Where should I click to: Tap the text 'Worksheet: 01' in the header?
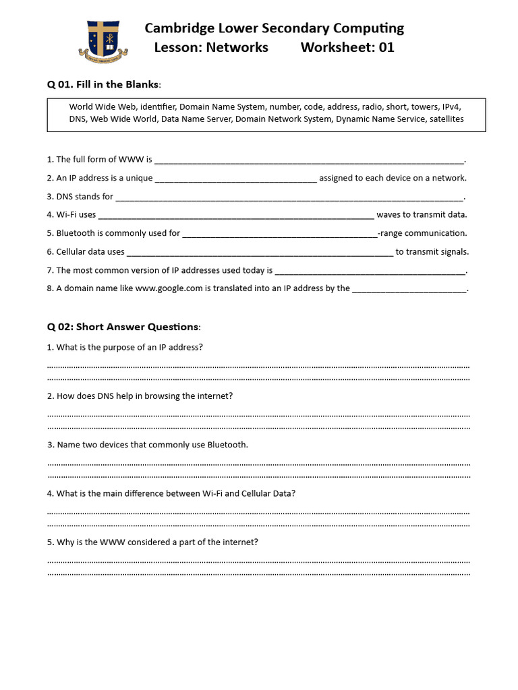click(347, 47)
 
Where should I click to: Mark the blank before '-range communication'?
click(280, 235)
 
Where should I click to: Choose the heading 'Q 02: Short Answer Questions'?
click(123, 327)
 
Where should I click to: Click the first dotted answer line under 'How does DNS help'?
click(258, 414)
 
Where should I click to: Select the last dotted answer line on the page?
click(258, 573)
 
